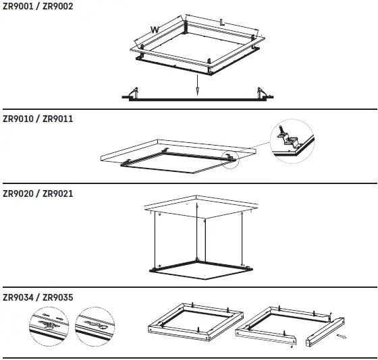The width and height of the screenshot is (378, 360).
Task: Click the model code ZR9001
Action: (18, 6)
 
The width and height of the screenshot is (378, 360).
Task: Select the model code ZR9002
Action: (57, 6)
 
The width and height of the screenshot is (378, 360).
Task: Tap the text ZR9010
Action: (18, 119)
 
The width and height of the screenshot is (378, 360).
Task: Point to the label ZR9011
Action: (57, 119)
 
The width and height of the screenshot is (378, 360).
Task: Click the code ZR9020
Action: (18, 193)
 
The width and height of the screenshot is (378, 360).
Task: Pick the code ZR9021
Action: (57, 193)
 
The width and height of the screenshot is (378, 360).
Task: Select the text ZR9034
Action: (18, 297)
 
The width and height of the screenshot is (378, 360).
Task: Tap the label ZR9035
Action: (57, 297)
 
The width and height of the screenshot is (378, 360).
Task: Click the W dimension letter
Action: (155, 30)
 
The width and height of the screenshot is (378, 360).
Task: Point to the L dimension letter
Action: (222, 22)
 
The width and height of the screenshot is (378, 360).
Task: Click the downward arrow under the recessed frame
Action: (197, 85)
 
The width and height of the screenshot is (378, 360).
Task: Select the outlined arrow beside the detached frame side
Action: (341, 336)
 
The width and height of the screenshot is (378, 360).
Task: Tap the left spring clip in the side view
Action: (134, 93)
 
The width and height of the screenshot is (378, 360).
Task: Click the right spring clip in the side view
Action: (262, 93)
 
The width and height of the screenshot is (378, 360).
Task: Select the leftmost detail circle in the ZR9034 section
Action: (49, 326)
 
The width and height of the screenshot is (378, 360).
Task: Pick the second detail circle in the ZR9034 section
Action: (94, 326)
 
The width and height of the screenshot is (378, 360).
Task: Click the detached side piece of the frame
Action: (325, 332)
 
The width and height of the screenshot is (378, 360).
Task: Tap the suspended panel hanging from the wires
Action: (201, 270)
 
